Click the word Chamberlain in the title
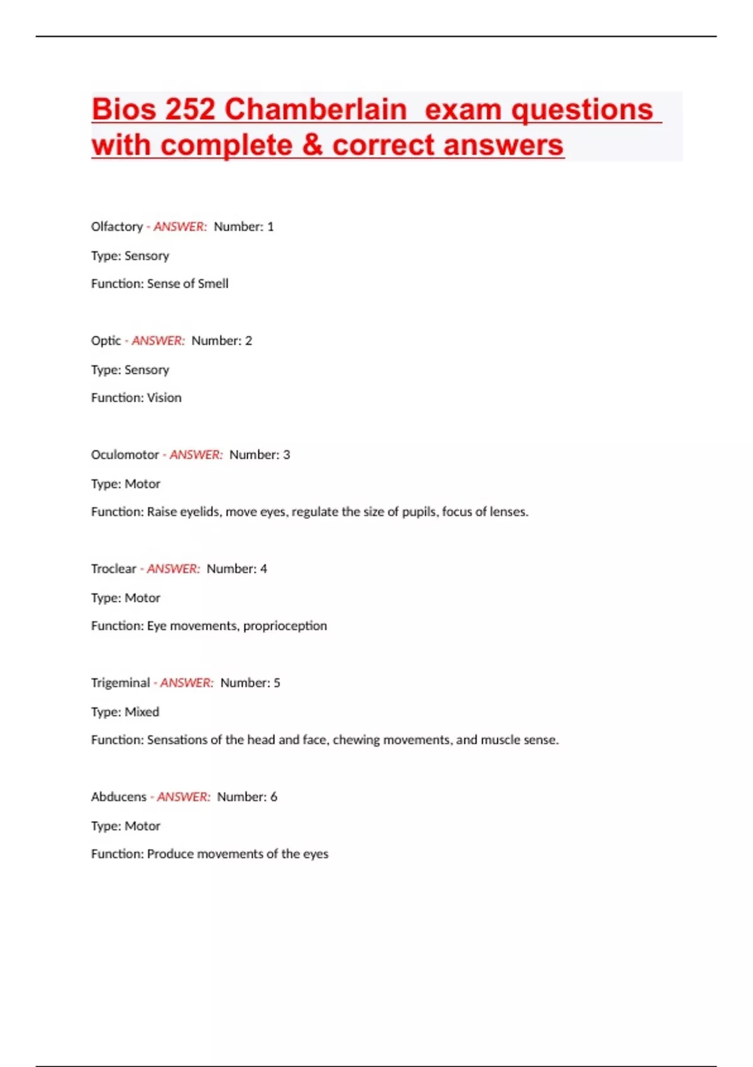pos(316,109)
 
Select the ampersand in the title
pos(312,145)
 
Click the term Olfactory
pos(117,227)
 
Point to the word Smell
pos(213,284)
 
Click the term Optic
pos(105,341)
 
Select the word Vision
pos(164,398)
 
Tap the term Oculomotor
pos(125,455)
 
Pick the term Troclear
pos(114,569)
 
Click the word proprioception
pos(285,626)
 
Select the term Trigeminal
pos(120,683)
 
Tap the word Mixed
pos(142,712)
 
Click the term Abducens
pos(119,797)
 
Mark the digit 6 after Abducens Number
pos(274,797)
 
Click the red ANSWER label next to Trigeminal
pos(186,683)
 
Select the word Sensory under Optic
pos(147,370)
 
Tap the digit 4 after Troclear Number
pos(264,569)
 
